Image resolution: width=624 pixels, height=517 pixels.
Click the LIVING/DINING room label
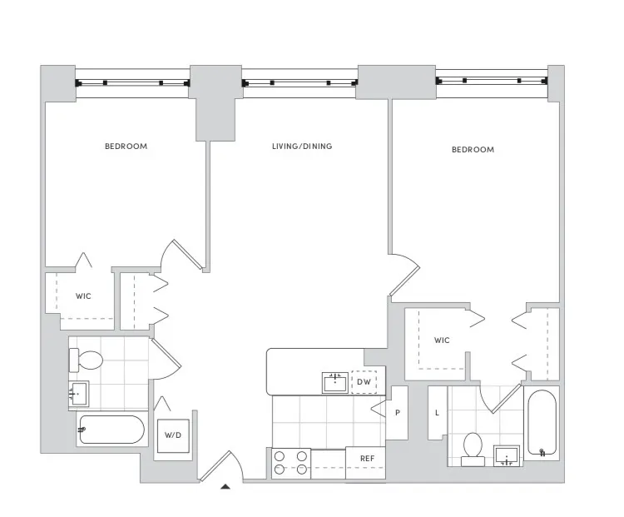pos(301,147)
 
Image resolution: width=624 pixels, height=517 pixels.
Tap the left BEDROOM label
pos(126,147)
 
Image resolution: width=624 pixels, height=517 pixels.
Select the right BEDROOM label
pos(473,150)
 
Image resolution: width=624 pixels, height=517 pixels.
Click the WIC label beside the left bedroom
pos(83,296)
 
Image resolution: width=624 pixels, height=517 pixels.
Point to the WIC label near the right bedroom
pos(441,341)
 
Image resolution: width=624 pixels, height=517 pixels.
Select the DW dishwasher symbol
pos(364,382)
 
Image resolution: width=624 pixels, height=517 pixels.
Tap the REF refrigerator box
pos(366,459)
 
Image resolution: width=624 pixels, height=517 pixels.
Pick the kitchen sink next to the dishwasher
pos(335,382)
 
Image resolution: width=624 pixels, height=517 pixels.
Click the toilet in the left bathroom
pos(87,361)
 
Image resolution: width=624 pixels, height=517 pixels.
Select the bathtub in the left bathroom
pos(111,430)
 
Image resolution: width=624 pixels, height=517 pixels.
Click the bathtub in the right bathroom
pos(542,424)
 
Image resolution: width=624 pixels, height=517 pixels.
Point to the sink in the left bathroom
pos(79,394)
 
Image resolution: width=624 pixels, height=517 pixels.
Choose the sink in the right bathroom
pos(507,455)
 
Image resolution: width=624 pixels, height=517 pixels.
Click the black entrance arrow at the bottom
pos(224,487)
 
